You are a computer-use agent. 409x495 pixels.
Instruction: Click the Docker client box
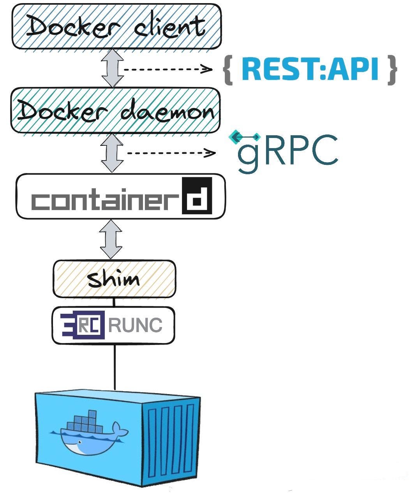116,27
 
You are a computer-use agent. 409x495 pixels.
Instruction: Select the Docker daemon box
115,111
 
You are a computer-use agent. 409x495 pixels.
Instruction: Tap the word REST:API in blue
310,70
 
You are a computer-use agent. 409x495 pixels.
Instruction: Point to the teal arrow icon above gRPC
245,137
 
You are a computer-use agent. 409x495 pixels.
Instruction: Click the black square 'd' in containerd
197,196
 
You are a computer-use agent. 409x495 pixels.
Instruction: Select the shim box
114,279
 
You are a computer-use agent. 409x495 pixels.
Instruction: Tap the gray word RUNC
135,325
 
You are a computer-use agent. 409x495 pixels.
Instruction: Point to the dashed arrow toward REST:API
167,70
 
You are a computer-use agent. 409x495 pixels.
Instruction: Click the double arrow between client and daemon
113,68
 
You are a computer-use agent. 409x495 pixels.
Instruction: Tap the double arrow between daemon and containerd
112,153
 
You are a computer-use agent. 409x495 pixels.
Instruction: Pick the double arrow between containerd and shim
111,239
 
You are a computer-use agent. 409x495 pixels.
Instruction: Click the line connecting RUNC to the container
115,366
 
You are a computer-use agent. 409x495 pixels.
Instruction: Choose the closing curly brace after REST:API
391,70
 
